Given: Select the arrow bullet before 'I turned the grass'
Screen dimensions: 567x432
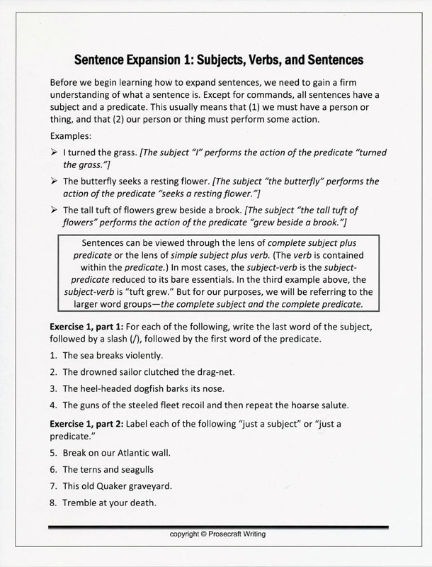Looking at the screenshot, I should pos(55,152).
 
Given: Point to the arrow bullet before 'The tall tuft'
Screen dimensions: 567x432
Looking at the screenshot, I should pos(55,210).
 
